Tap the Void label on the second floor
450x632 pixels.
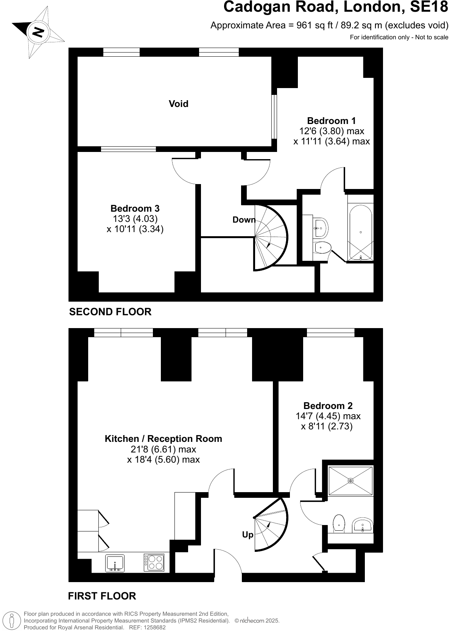point(178,104)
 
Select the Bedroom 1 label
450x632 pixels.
point(331,121)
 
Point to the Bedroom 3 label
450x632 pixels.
point(135,208)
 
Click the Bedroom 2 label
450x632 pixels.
point(328,406)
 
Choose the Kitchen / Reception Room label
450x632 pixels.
point(163,438)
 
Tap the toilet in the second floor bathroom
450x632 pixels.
point(322,248)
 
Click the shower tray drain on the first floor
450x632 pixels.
point(350,481)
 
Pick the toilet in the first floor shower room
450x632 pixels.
point(339,523)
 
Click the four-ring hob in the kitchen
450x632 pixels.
point(154,562)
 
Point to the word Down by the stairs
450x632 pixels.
point(244,220)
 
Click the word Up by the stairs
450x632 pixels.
point(248,535)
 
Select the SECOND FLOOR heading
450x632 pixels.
point(110,311)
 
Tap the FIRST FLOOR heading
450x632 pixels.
point(102,596)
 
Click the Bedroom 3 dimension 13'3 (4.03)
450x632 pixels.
point(135,218)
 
